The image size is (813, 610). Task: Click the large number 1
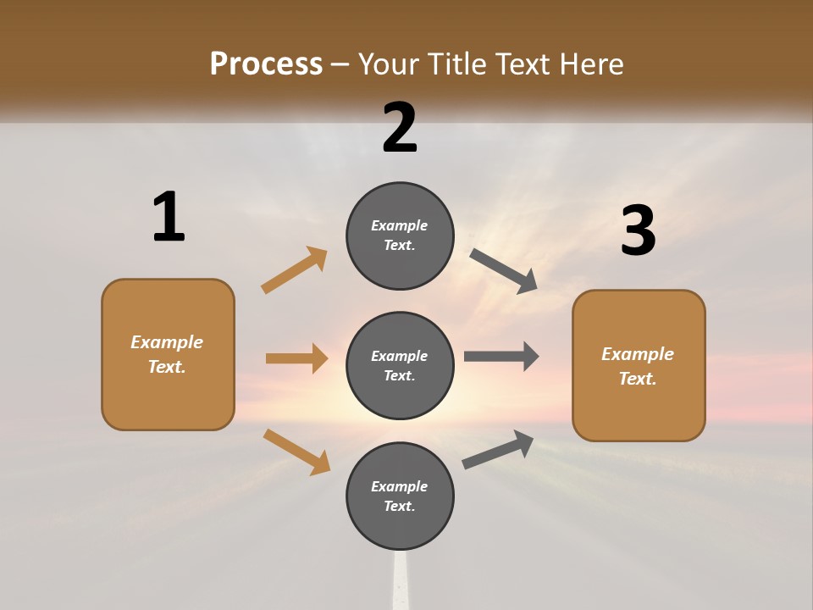(169, 217)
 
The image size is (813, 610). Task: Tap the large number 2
(400, 127)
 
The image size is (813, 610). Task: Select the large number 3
(638, 230)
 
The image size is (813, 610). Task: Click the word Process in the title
(266, 64)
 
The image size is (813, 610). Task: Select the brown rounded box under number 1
(168, 354)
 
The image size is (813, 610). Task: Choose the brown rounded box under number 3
(639, 366)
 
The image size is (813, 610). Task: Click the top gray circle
(400, 236)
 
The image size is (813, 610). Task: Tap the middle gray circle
(400, 366)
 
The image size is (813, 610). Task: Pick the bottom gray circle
(400, 496)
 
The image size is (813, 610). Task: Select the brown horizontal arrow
(296, 358)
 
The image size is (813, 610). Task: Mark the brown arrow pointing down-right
(296, 452)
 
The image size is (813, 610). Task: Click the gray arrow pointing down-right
(504, 271)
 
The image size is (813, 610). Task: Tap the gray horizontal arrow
(501, 356)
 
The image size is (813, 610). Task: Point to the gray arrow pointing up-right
(498, 449)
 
